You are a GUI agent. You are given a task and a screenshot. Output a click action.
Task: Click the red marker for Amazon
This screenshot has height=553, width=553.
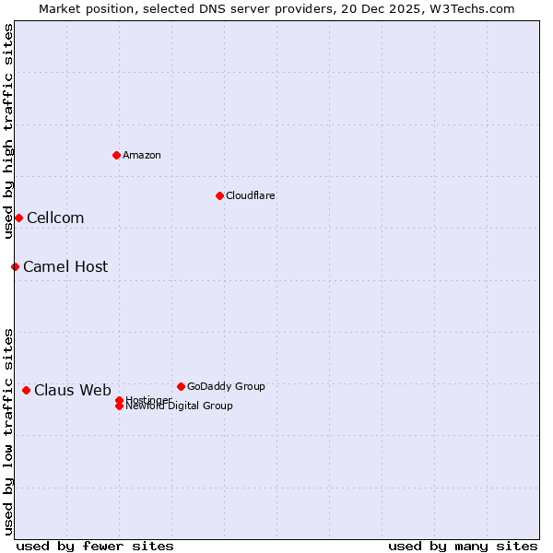click(116, 155)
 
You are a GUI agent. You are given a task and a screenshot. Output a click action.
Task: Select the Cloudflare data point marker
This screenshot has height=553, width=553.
click(219, 195)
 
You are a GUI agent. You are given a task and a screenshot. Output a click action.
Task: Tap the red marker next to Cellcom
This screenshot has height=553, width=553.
click(18, 218)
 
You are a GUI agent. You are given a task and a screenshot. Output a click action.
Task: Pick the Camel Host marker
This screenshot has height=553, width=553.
click(15, 266)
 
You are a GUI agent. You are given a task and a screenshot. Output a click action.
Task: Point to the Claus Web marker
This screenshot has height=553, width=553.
click(26, 390)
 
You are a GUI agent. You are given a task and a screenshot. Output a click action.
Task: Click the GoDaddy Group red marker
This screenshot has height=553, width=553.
click(181, 386)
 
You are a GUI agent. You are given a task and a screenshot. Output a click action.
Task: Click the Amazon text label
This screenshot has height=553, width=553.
click(142, 155)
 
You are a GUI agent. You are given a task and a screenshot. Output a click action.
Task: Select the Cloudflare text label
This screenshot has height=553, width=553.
click(251, 195)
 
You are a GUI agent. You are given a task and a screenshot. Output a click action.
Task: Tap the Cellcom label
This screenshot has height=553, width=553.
click(55, 218)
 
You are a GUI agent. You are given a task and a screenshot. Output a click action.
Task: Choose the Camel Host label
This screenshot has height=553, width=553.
click(65, 267)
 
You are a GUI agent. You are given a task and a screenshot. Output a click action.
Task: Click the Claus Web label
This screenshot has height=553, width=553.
click(73, 391)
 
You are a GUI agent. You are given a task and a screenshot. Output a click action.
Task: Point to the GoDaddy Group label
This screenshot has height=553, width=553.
click(226, 387)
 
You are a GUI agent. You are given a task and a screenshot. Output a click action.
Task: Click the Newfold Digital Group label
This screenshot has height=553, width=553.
click(180, 406)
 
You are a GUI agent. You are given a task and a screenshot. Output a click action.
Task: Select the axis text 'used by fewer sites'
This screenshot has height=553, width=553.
click(95, 547)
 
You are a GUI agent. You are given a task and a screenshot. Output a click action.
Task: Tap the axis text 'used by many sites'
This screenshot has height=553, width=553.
click(463, 547)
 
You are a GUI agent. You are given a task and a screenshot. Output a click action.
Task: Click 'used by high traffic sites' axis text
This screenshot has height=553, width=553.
click(9, 131)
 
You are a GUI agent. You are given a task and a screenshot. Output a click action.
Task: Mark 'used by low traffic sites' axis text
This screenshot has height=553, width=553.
click(9, 431)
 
